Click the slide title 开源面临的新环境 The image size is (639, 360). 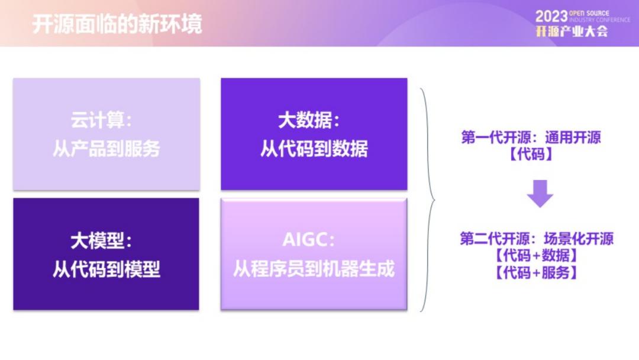point(117,24)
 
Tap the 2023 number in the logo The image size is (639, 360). point(551,17)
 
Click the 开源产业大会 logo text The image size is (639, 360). point(572,31)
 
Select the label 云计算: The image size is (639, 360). point(102,120)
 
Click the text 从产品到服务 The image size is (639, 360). point(106,149)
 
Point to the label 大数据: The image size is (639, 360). point(309,120)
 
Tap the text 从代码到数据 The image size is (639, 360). point(314,149)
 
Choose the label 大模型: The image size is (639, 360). point(102,240)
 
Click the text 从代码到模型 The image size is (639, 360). point(106,269)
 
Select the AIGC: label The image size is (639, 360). point(308,240)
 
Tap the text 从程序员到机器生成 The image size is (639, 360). point(314,269)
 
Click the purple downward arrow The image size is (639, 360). point(540,194)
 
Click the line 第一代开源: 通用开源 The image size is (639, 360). point(531,137)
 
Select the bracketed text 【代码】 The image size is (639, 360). point(531,155)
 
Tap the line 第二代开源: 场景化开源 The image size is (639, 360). point(536,239)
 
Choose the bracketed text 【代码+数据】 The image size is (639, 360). point(536,256)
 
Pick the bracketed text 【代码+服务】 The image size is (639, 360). point(536,273)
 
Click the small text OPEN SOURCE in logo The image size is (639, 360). point(589,13)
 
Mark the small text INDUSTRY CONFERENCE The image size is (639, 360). point(599,20)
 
